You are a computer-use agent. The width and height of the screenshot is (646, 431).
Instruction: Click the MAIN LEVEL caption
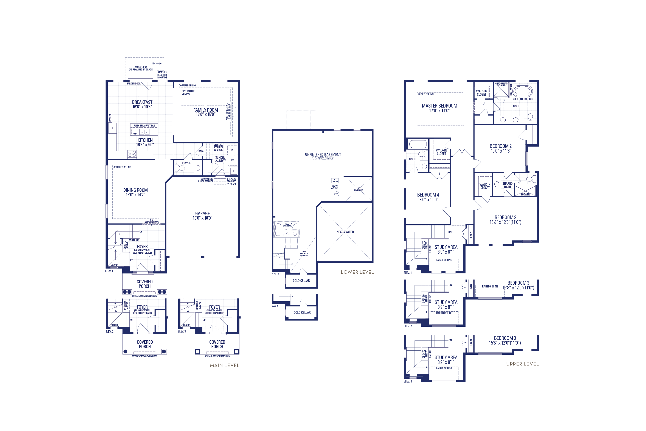pos(224,365)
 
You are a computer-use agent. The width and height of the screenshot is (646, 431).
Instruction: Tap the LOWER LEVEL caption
pos(357,272)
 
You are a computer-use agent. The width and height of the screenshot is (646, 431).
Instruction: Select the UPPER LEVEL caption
pos(522,364)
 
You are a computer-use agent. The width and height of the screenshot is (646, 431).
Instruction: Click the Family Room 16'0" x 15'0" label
pos(205,112)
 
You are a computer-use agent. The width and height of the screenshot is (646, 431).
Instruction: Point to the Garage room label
pos(202,215)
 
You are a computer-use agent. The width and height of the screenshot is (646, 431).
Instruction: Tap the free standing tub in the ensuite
pos(522,91)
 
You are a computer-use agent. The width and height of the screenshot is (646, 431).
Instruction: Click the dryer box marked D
pos(232,150)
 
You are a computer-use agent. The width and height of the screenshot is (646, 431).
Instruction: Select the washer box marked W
pos(232,160)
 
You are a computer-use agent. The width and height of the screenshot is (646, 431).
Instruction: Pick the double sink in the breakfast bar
pos(144,132)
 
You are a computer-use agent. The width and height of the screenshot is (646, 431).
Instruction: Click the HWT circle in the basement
pos(336,194)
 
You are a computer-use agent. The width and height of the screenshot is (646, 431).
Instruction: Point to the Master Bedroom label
pos(439,108)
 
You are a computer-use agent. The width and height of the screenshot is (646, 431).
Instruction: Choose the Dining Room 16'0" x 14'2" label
pos(135,192)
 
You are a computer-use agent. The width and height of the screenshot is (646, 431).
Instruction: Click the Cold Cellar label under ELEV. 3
pos(302,312)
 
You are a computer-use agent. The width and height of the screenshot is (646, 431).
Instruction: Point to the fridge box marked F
pos(113,128)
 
